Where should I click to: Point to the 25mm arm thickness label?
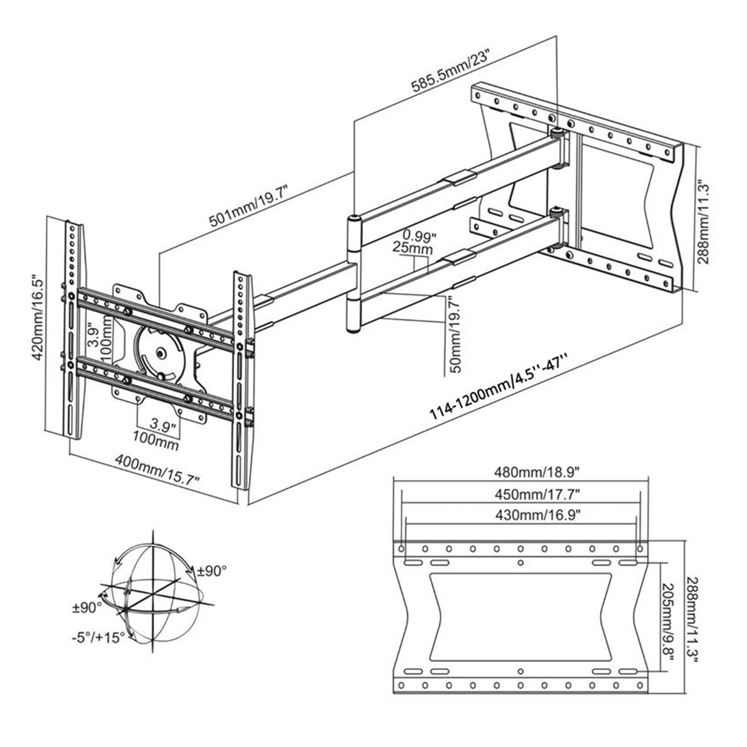click(412, 248)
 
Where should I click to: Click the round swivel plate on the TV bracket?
click(159, 353)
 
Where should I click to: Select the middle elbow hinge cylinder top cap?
click(354, 219)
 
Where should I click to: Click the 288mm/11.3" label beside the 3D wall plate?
click(703, 222)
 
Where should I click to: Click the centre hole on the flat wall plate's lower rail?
click(520, 671)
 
